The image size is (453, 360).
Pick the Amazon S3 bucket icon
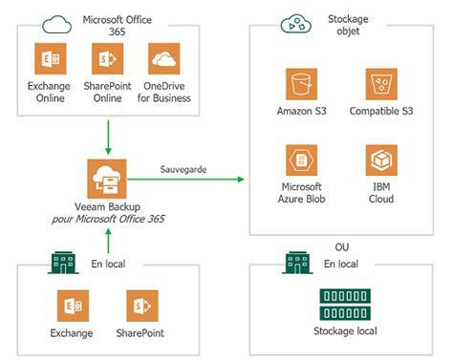click(x=301, y=84)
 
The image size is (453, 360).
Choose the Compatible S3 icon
click(x=381, y=84)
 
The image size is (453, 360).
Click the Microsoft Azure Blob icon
click(x=301, y=159)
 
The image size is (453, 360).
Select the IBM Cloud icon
click(x=381, y=159)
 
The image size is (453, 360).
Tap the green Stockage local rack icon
click(x=344, y=305)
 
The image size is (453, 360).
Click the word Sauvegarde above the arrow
click(x=183, y=171)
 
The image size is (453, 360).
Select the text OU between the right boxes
click(x=342, y=246)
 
